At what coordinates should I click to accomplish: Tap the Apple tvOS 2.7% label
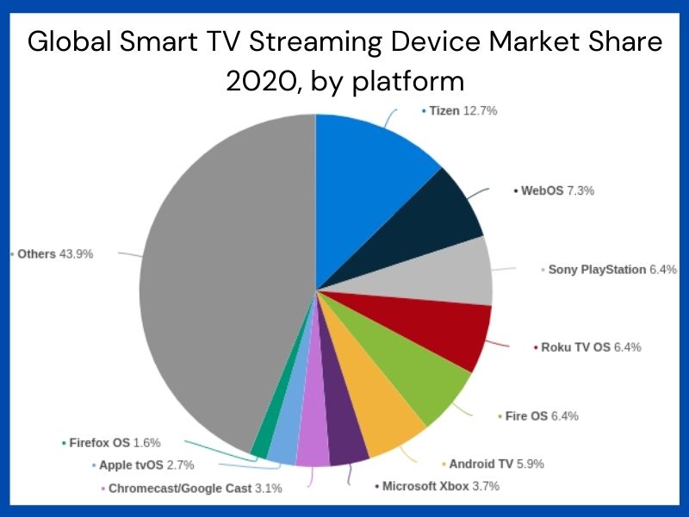[x=146, y=465]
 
